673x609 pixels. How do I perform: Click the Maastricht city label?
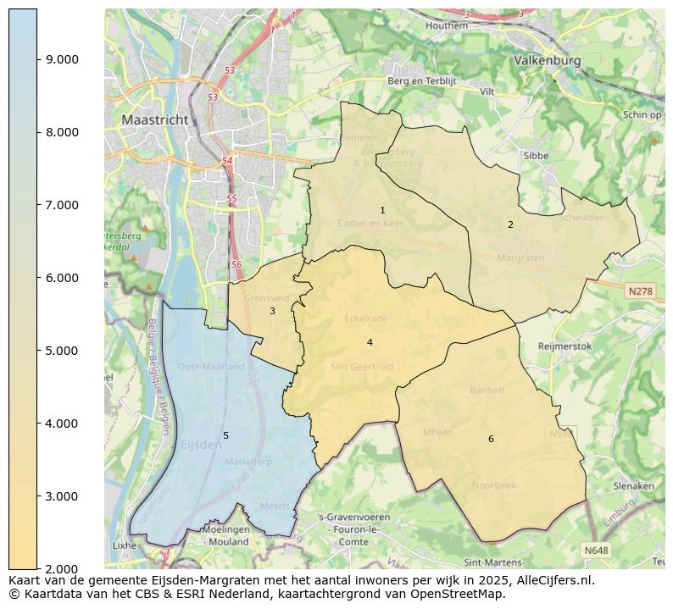click(154, 120)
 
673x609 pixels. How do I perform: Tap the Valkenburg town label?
click(547, 61)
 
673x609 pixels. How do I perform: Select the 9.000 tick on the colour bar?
click(62, 59)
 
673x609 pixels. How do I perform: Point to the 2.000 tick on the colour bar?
click(62, 568)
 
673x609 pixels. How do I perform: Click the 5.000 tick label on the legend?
click(62, 351)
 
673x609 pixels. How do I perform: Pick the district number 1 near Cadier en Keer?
click(382, 210)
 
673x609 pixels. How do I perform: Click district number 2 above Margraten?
click(510, 224)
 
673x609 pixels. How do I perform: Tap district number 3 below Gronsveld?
click(272, 311)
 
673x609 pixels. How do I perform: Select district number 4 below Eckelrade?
click(370, 342)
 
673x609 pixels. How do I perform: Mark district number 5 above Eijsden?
click(225, 435)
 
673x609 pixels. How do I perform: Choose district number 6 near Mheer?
click(491, 439)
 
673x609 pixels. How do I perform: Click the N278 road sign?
click(640, 291)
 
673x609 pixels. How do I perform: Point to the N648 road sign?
click(597, 551)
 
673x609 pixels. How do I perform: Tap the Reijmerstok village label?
click(565, 346)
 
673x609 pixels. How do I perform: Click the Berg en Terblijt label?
click(421, 81)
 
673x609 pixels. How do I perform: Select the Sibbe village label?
click(536, 156)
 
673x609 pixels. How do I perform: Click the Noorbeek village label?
click(494, 485)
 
